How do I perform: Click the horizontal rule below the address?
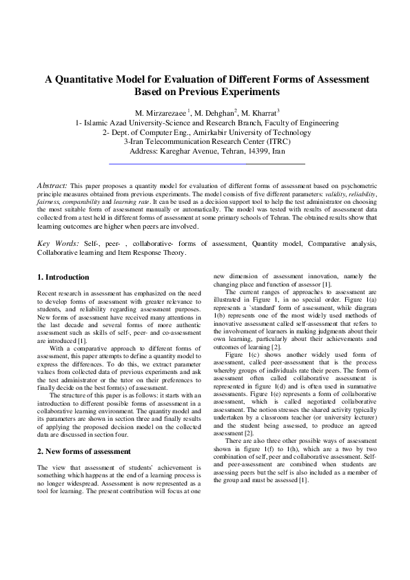coord(207,164)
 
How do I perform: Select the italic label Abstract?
coord(52,186)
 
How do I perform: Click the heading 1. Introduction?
coord(63,277)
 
